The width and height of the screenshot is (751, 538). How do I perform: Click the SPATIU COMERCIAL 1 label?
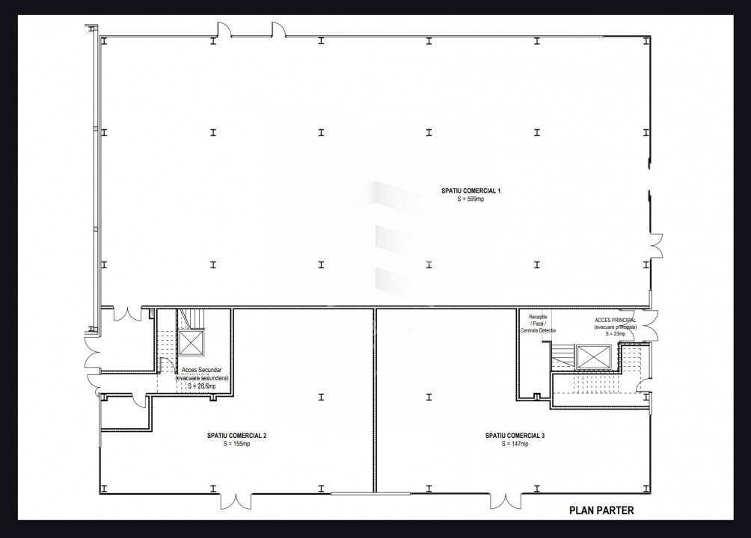470,191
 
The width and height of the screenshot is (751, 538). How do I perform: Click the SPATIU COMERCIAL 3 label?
515,436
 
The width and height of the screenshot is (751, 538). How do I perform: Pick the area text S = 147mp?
515,444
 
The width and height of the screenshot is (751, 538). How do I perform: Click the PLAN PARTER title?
601,511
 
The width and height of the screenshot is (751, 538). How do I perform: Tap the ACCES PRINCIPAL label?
615,320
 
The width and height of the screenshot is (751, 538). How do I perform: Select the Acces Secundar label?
202,371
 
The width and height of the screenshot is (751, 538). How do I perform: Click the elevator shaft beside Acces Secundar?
191,344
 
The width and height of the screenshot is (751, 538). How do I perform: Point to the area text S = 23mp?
615,334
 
